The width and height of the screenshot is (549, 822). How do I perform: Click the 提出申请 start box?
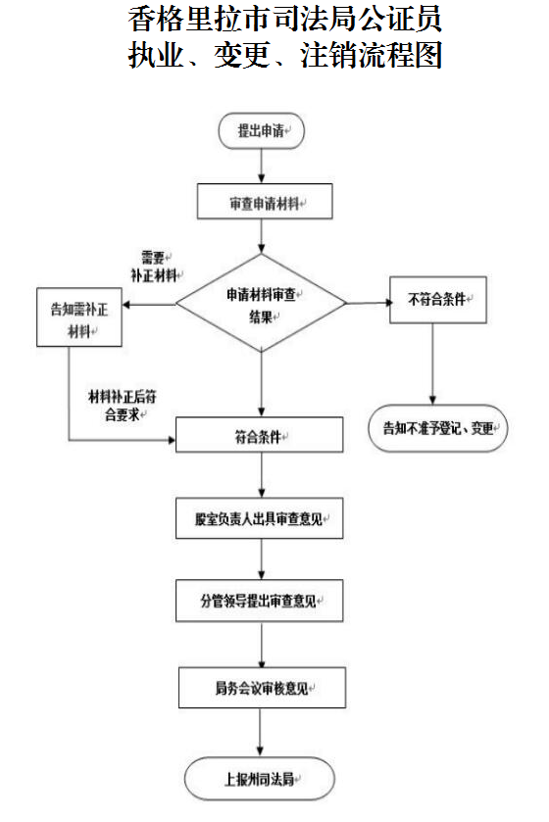[261, 130]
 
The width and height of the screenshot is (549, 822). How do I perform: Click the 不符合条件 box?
[438, 300]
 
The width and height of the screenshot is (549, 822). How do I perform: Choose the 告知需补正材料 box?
[79, 316]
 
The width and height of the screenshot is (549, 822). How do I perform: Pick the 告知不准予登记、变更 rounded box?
[437, 427]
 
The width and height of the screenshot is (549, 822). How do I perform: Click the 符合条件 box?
[260, 435]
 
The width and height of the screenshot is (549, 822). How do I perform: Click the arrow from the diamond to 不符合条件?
[368, 302]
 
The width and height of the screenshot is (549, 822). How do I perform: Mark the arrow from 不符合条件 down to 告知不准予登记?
[432, 363]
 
